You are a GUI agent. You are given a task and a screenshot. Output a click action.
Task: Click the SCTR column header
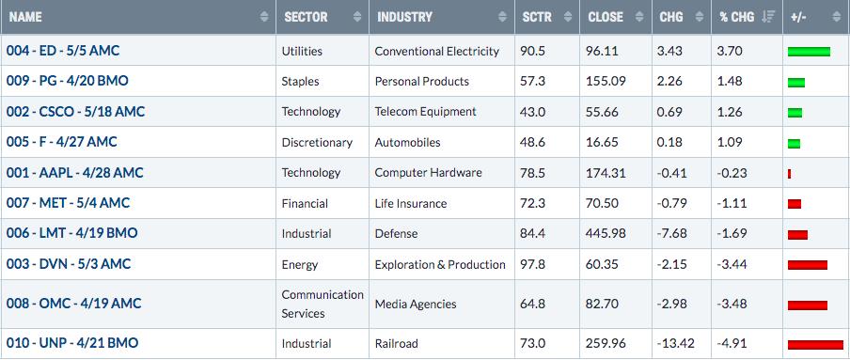537,17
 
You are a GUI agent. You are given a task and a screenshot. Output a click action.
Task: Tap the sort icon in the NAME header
264,17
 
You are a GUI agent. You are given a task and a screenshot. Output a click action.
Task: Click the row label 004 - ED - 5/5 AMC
63,51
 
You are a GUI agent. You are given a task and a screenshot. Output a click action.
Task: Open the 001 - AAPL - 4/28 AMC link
75,173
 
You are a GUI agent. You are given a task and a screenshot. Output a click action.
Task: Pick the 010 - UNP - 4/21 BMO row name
72,343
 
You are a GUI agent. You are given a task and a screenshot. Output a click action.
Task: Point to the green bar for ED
809,52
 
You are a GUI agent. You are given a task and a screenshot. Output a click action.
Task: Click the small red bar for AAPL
789,174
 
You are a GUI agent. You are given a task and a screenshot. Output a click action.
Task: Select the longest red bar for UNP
815,345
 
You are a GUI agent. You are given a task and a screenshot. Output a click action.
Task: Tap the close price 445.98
606,234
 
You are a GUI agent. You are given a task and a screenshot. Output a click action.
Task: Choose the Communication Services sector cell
323,305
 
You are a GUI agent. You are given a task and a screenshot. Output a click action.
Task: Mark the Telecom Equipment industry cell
426,112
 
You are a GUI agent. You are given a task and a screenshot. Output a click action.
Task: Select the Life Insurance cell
411,203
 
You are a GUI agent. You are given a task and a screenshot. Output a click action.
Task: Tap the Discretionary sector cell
317,143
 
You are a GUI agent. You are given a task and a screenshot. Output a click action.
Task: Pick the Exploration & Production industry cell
440,264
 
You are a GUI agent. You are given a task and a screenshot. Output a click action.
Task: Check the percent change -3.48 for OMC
732,305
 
